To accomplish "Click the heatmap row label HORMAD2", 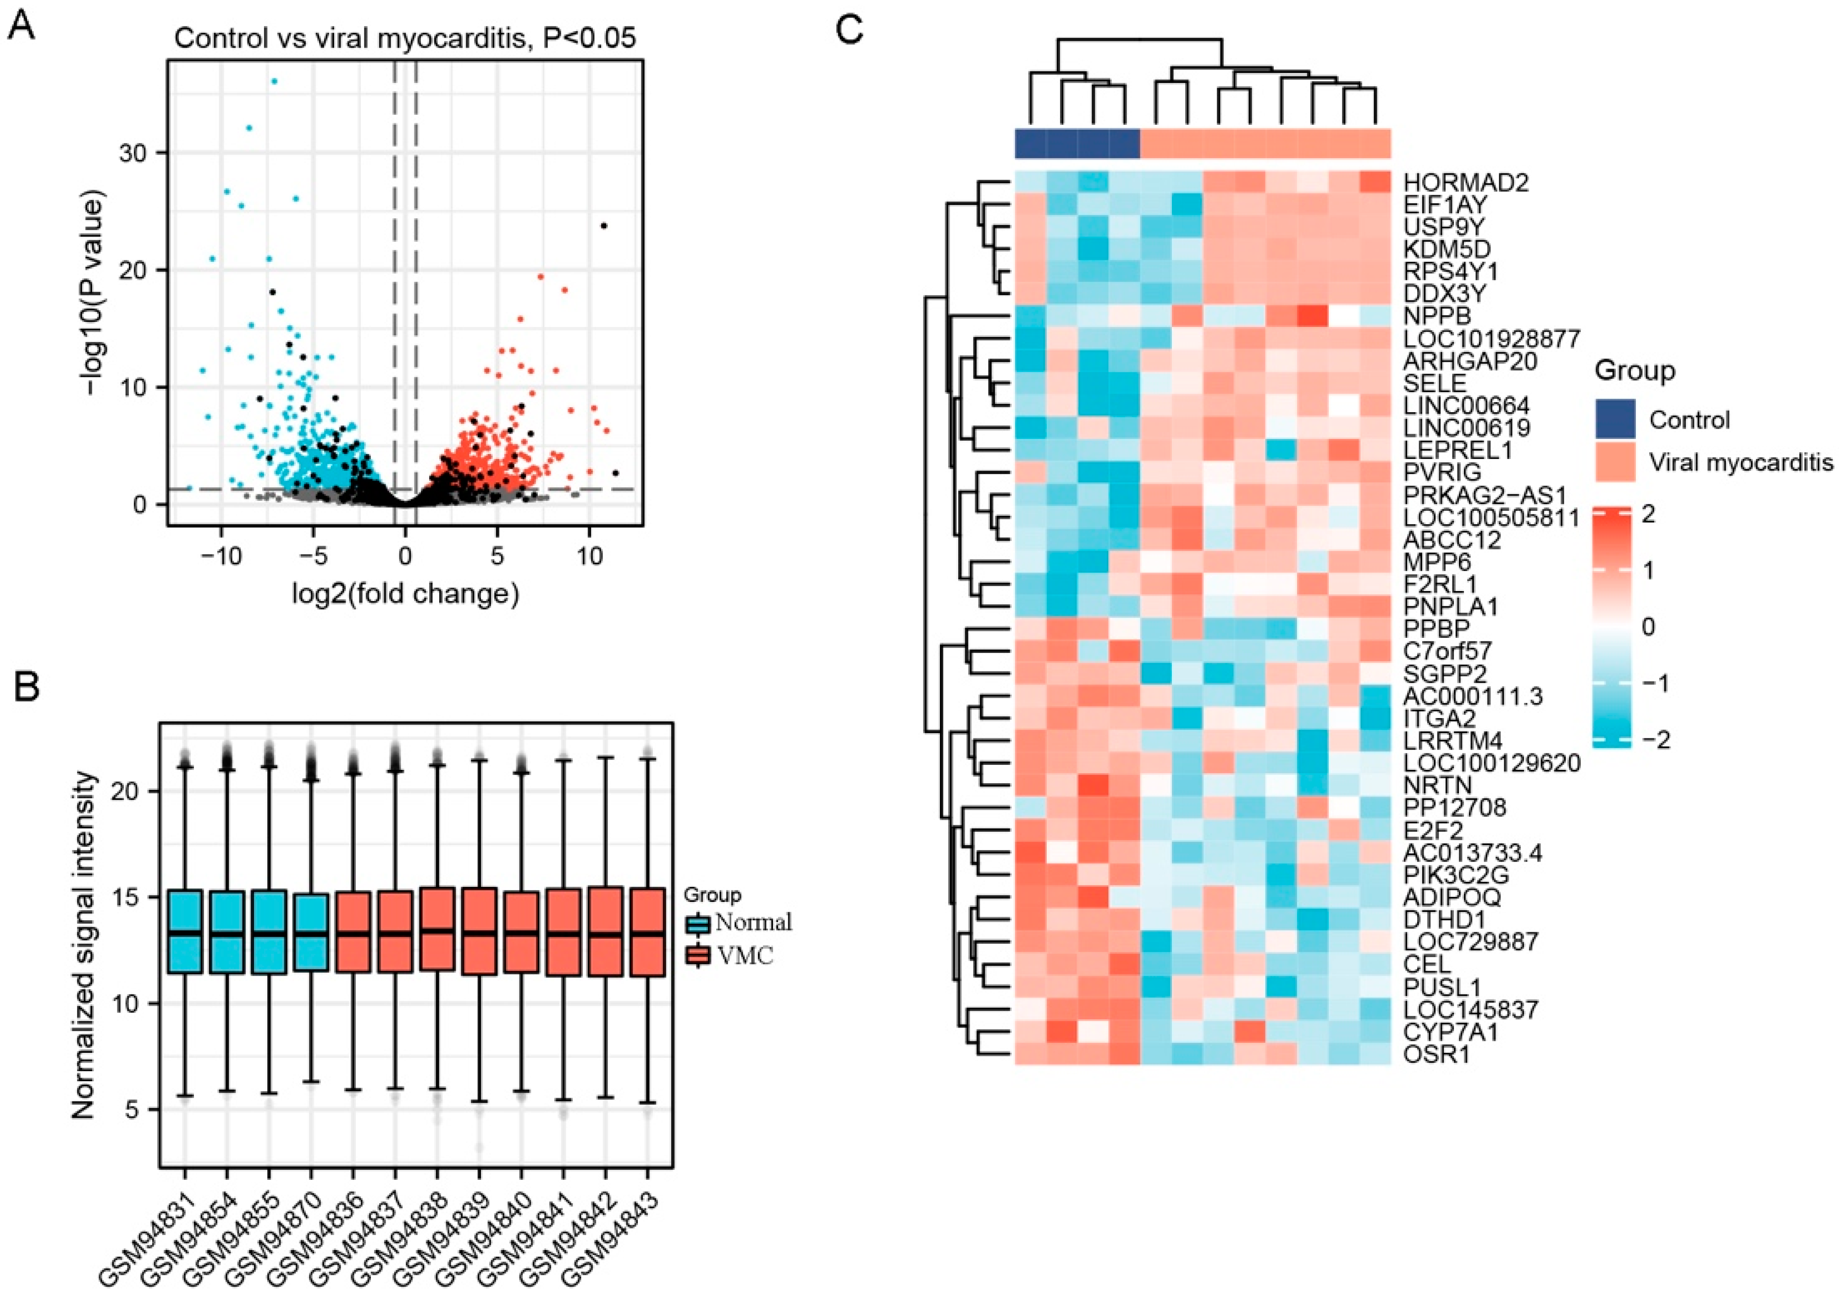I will click(x=1466, y=182).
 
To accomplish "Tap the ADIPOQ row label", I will click(x=1451, y=897).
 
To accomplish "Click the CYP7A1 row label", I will click(x=1450, y=1032).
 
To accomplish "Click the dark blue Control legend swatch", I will click(x=1615, y=419).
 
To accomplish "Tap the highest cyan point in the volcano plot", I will click(x=274, y=81).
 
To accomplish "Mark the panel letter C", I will click(x=849, y=30).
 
